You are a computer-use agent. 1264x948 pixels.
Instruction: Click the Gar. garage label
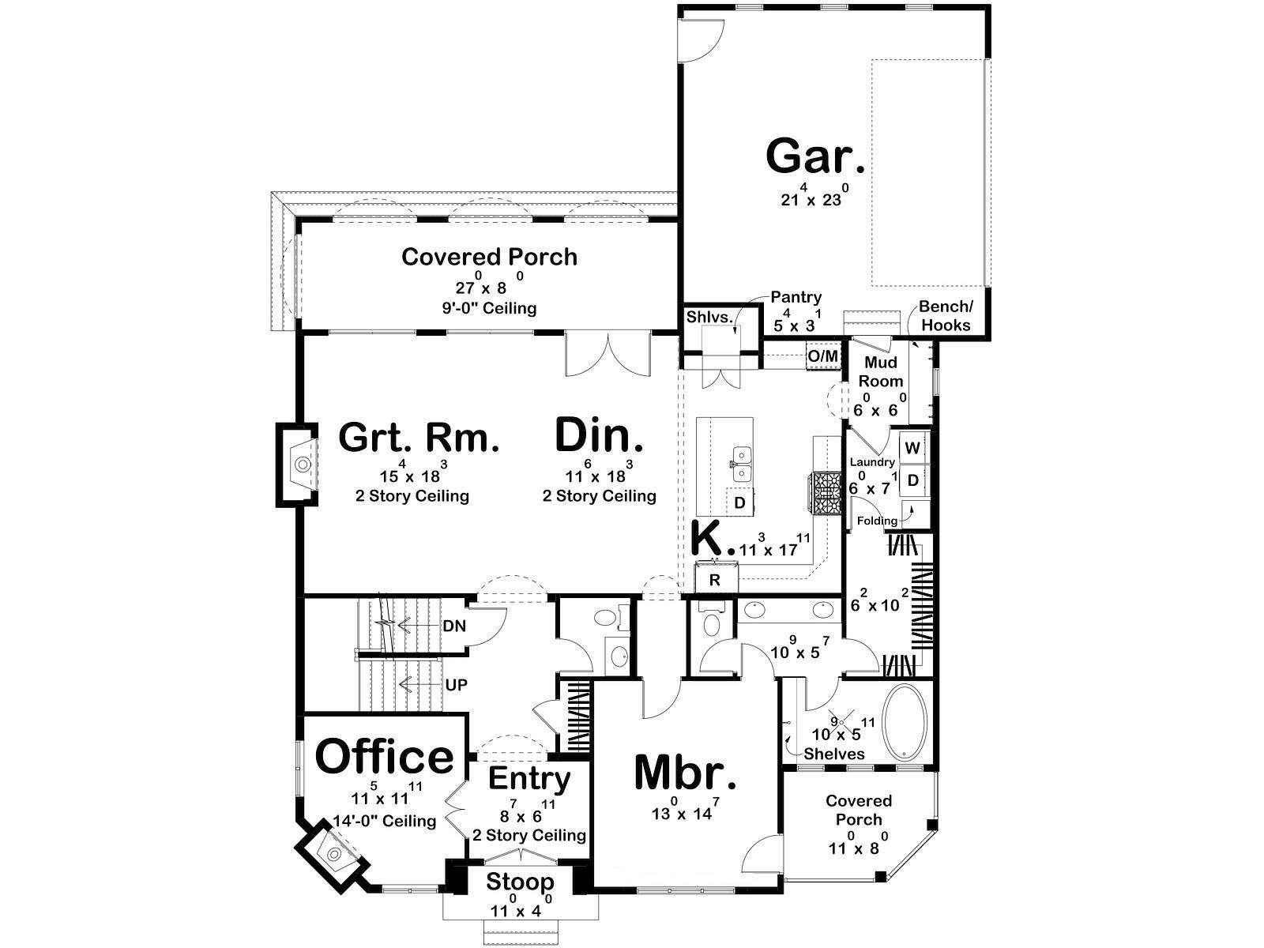(x=815, y=156)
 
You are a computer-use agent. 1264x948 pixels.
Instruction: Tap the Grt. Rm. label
(x=419, y=438)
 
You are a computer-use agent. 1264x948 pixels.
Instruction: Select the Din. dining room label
(x=598, y=436)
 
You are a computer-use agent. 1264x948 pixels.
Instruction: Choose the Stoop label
(x=520, y=881)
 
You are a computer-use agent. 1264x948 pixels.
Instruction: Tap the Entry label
(x=529, y=780)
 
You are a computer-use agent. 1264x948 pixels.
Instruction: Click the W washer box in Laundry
(x=912, y=448)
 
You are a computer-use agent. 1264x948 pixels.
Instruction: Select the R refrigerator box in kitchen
(x=715, y=580)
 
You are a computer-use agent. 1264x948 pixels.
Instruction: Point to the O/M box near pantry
(x=823, y=356)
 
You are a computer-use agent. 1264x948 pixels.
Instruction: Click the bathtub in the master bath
(x=905, y=722)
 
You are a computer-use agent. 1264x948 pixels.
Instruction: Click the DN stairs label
(x=454, y=626)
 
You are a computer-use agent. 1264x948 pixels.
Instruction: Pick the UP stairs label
(x=456, y=685)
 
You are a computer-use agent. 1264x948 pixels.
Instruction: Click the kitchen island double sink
(x=740, y=464)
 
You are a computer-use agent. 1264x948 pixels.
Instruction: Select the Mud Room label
(x=881, y=371)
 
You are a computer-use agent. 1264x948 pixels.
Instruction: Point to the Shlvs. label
(x=709, y=317)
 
